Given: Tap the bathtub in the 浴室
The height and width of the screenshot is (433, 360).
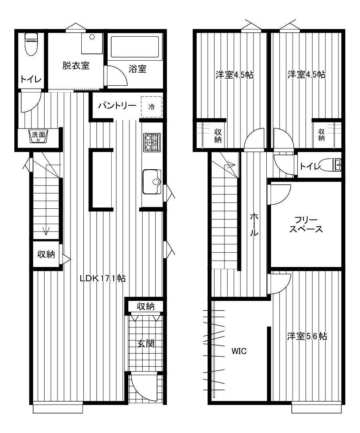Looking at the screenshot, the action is (x=135, y=47).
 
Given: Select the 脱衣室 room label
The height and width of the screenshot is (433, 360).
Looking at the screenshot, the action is (x=76, y=66).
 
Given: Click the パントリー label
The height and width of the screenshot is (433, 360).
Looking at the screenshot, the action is (x=117, y=105).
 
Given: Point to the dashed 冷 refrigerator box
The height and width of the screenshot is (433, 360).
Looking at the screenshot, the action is (x=151, y=107).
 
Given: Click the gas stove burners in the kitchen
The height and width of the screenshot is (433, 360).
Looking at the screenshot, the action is (x=152, y=142).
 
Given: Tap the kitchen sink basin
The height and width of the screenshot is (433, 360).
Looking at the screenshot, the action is (x=152, y=182).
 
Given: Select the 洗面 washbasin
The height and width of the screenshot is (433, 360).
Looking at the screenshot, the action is (x=39, y=136).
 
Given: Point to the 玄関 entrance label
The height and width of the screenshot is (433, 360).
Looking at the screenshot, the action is (x=146, y=344).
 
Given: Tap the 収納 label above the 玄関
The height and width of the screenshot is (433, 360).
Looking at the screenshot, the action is (x=146, y=306).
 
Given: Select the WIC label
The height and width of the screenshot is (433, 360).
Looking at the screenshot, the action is (x=239, y=351).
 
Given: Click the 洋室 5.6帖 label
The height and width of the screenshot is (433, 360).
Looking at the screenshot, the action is (x=307, y=336).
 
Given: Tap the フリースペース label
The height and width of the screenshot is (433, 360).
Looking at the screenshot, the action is (x=306, y=225).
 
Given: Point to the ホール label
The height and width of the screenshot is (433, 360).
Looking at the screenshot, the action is (x=254, y=224).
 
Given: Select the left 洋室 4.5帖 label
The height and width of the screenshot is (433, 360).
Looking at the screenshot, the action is (x=234, y=75).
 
